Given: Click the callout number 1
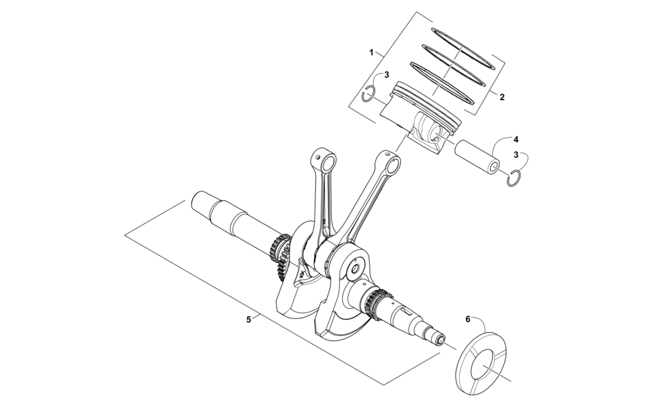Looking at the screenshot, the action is [x=371, y=53].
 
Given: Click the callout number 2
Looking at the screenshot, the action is [x=502, y=97].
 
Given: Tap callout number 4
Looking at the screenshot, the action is [x=516, y=139].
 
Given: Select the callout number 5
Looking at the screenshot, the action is [x=249, y=320].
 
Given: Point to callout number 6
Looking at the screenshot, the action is [x=468, y=319].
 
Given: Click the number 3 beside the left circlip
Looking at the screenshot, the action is [x=387, y=75].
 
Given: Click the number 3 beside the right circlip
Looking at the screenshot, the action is [x=516, y=155].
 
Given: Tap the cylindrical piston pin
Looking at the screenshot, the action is [x=477, y=155].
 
